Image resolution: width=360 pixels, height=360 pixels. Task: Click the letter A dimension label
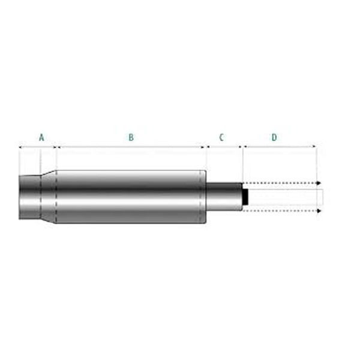pos(41,137)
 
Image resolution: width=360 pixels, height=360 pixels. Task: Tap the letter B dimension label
pos(131,137)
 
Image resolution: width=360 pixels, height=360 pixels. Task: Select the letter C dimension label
pos(221,137)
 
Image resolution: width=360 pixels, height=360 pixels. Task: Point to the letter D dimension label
pos(274,137)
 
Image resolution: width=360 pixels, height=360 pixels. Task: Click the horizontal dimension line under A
pos(37,146)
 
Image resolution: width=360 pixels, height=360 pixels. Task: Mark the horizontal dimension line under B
pos(131,146)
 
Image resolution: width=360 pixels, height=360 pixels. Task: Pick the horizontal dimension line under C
pos(224,146)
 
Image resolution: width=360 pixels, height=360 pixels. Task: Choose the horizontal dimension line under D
pos(279,146)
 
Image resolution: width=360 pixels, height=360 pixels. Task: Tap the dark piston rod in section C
pos(223,196)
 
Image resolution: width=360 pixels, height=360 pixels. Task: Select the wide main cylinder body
pos(129,196)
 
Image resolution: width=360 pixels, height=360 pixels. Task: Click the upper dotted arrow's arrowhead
pos(320,182)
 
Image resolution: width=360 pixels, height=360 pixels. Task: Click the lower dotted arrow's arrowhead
pos(320,211)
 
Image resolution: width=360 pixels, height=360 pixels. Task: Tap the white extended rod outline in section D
pos(285,197)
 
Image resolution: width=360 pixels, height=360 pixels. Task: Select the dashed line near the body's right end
pos(200,196)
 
